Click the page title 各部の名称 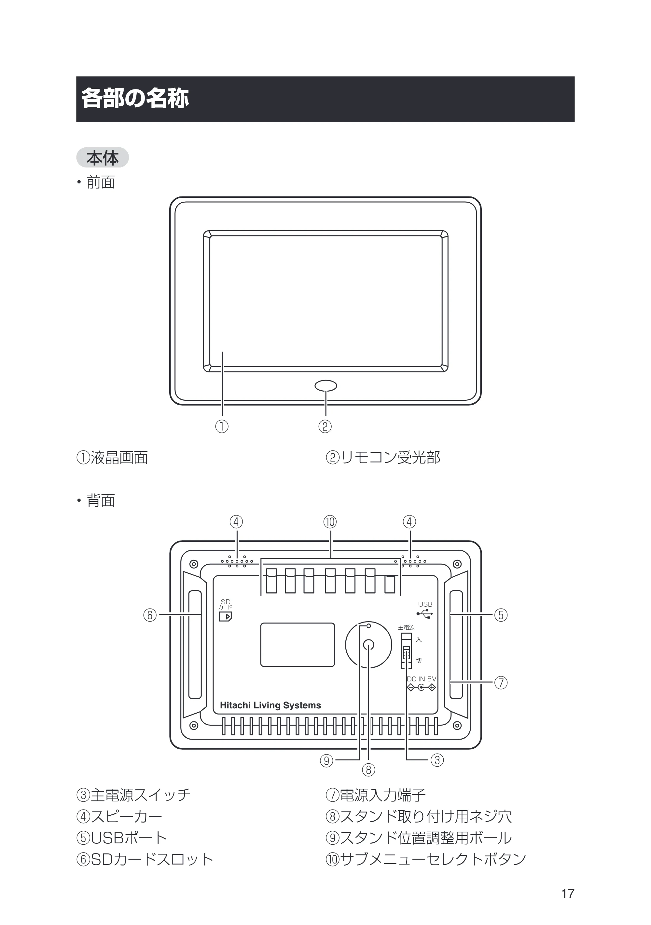coord(135,98)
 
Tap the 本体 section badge coord(103,157)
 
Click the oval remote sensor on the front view coord(326,385)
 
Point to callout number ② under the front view coord(325,426)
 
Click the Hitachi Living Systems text coord(270,705)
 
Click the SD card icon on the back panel coord(225,616)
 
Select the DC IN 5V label coord(421,679)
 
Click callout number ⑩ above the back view coord(330,522)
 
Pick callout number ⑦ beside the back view coord(501,682)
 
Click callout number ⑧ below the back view coord(368,770)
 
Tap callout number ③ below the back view coord(437,760)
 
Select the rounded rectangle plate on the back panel coord(298,645)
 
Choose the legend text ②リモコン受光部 coord(382,457)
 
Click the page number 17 coord(568,893)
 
